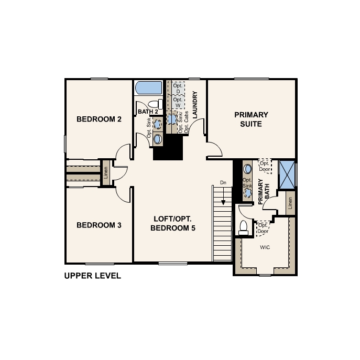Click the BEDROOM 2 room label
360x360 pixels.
pos(99,119)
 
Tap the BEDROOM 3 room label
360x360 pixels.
pos(99,225)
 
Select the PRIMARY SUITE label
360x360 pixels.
pos(251,119)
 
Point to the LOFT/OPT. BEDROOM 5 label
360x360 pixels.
pos(173,223)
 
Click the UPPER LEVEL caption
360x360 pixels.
pos(93,276)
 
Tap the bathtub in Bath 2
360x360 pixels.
pos(148,88)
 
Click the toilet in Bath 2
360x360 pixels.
pos(156,104)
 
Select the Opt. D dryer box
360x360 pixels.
pos(178,89)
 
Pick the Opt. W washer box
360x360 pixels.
pos(178,102)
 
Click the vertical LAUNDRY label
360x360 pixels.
pos(195,105)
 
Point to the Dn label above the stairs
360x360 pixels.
pos(223,182)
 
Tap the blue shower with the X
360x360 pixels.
pos(287,174)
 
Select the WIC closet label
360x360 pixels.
pos(265,247)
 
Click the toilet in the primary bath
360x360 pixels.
pos(243,227)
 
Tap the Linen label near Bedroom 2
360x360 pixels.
pos(106,172)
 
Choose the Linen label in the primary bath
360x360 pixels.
pos(290,203)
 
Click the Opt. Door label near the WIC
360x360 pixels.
pos(263,228)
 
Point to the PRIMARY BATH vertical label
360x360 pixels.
pos(264,192)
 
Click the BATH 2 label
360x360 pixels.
pos(148,112)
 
